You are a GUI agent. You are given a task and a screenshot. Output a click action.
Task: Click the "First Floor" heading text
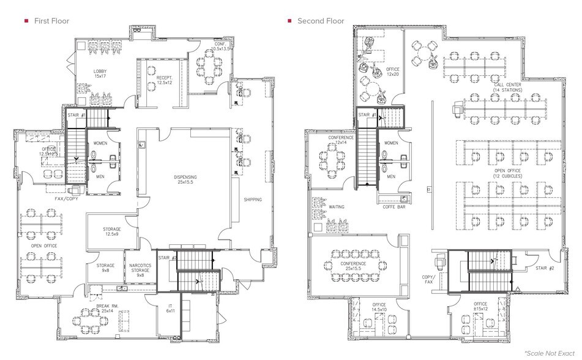52,21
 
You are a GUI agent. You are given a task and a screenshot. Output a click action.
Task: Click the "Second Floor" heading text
320,21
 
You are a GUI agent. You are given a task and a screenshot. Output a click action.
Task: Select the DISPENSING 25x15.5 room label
183,180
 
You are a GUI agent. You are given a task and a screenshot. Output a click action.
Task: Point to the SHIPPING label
253,200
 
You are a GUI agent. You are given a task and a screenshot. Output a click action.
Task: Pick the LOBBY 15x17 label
100,73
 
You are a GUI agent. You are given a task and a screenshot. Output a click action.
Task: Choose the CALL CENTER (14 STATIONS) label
506,88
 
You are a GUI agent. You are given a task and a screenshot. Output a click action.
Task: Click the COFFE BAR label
394,206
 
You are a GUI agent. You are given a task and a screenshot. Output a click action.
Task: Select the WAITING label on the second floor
337,207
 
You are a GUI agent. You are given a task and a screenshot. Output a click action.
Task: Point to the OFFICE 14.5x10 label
378,307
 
